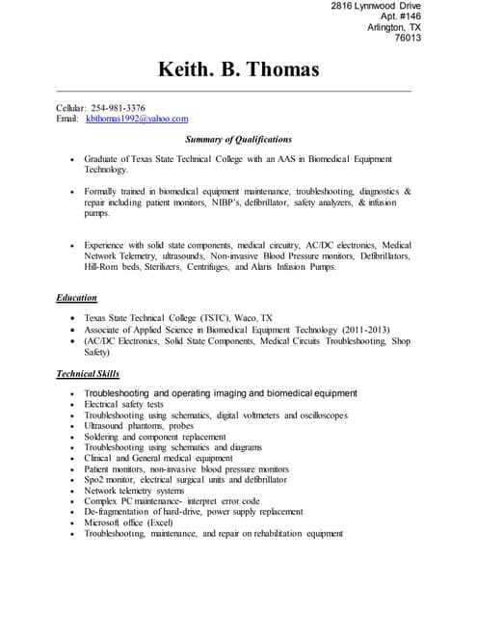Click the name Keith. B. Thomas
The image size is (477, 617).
tap(238, 70)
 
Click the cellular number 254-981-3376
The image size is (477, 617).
tap(119, 107)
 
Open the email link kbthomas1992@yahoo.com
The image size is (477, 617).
tap(137, 119)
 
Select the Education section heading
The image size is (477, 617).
tap(76, 298)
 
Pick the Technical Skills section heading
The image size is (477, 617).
tap(89, 373)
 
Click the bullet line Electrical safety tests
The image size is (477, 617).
tap(123, 405)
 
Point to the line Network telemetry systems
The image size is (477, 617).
tap(133, 491)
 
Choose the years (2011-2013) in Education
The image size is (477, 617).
tap(361, 329)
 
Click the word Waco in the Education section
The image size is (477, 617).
tap(246, 317)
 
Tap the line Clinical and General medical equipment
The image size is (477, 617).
tap(158, 458)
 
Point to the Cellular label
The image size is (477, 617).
tap(71, 107)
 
